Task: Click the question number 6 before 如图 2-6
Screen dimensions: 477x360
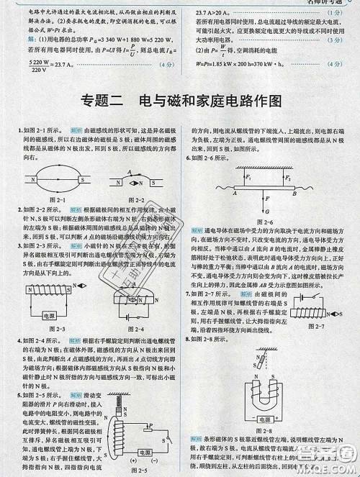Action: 188,158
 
